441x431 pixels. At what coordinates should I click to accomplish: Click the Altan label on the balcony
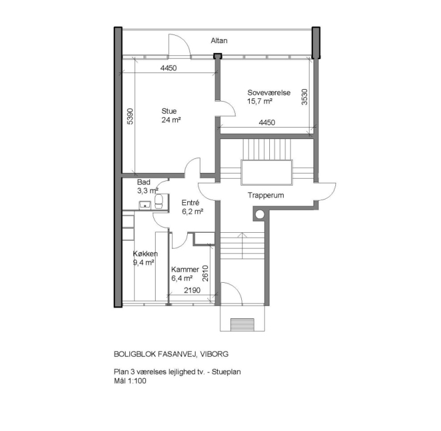(x=219, y=40)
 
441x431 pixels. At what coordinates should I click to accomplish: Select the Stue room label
(x=169, y=111)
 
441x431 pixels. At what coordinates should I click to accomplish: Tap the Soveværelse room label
(x=269, y=93)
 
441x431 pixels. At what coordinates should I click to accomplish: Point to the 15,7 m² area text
(x=260, y=101)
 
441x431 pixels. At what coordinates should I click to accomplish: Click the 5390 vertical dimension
(x=130, y=117)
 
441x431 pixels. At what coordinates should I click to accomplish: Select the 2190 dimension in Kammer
(x=192, y=291)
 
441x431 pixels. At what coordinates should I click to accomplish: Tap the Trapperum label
(x=266, y=195)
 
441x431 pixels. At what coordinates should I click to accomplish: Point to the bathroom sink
(x=144, y=203)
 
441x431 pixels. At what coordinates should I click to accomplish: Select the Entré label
(x=190, y=203)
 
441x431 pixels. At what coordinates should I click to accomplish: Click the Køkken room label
(x=145, y=254)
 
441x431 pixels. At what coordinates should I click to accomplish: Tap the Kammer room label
(x=185, y=270)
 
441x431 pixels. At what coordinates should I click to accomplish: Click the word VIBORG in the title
(x=222, y=355)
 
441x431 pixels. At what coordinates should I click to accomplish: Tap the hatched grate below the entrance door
(x=243, y=325)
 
